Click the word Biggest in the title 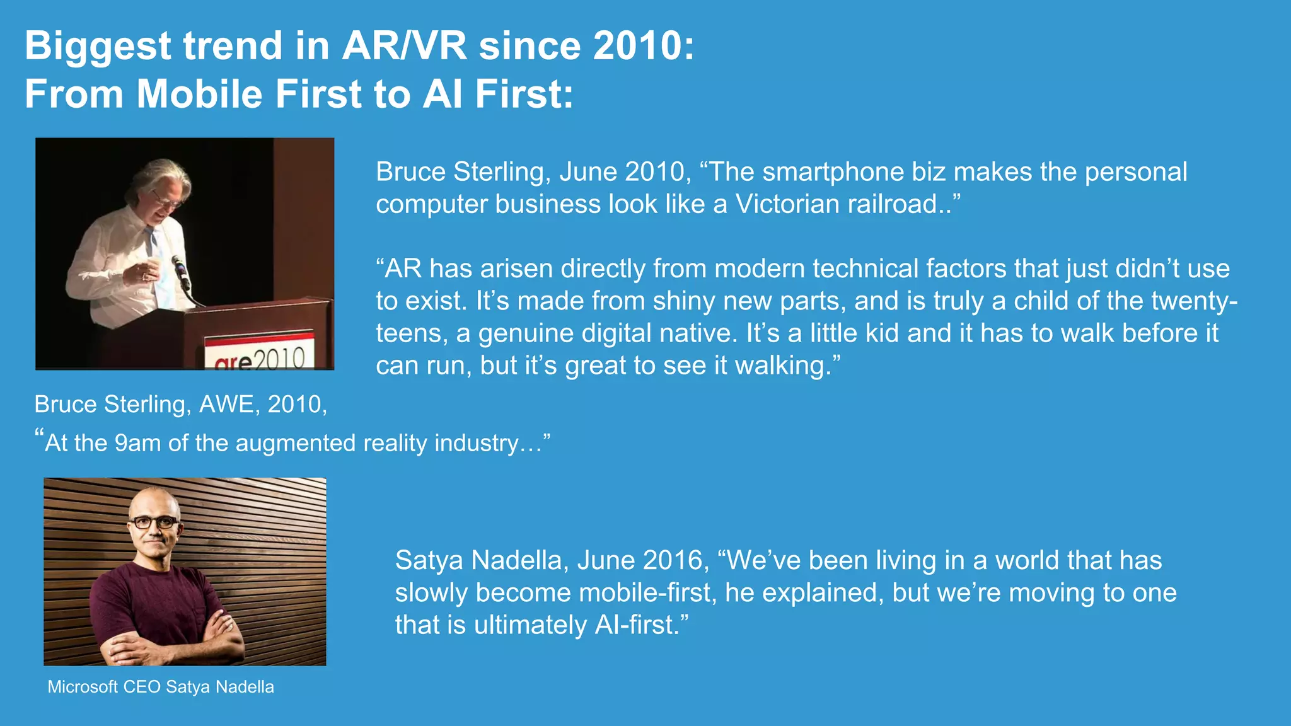[x=98, y=47]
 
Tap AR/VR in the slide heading [x=404, y=46]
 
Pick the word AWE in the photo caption [x=228, y=404]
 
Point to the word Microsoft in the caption [x=83, y=687]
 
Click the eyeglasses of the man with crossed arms [x=154, y=522]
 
